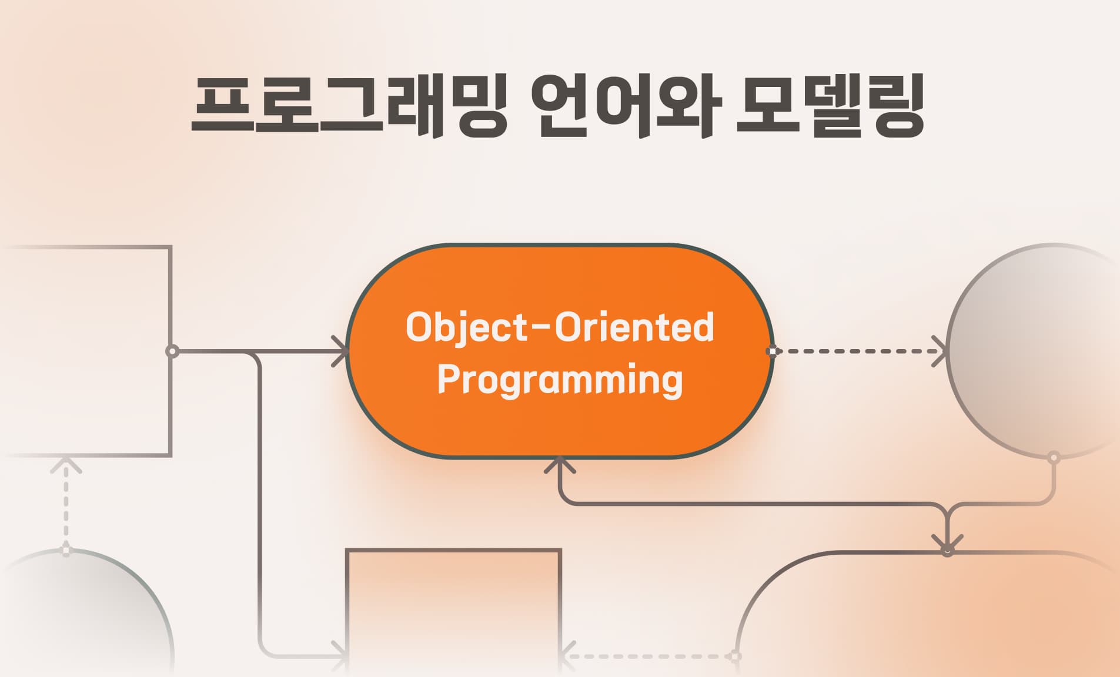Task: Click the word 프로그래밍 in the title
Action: pyautogui.click(x=349, y=106)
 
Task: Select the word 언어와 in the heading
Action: pyautogui.click(x=626, y=106)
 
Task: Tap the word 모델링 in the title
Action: pyautogui.click(x=830, y=106)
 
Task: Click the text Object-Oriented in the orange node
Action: pyautogui.click(x=560, y=327)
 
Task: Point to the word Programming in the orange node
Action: pyautogui.click(x=560, y=380)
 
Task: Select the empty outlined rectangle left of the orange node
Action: pyautogui.click(x=85, y=351)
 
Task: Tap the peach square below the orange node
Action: pyautogui.click(x=454, y=611)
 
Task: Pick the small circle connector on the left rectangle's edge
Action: pyautogui.click(x=172, y=351)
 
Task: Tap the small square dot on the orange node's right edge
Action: pyautogui.click(x=772, y=351)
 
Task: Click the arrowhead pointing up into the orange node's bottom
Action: pyautogui.click(x=560, y=464)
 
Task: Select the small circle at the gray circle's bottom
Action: pyautogui.click(x=1054, y=457)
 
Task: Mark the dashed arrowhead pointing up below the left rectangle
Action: pyautogui.click(x=66, y=465)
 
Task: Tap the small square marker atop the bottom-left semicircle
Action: pyautogui.click(x=66, y=551)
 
